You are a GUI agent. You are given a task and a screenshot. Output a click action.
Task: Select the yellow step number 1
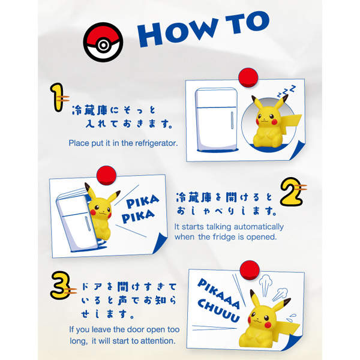point(58,98)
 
